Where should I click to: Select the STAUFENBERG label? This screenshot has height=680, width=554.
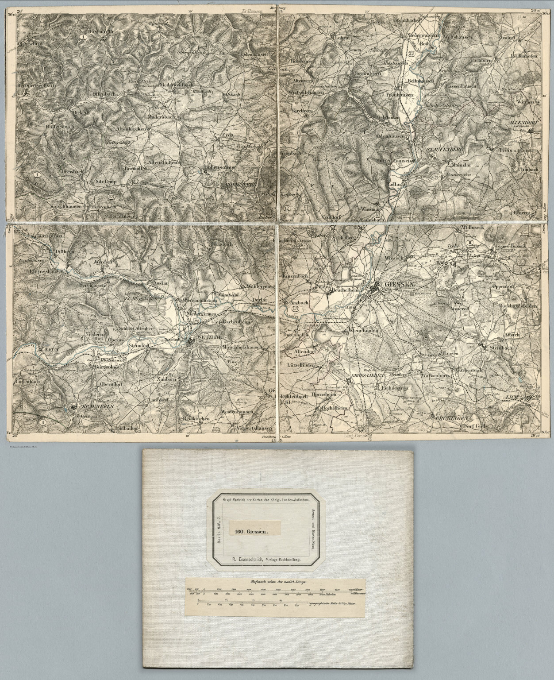[x=444, y=151]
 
